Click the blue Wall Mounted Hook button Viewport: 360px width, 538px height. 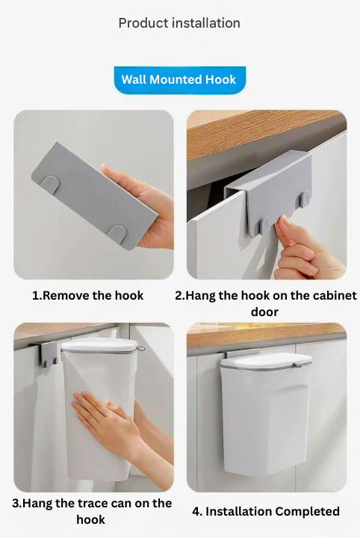tap(180, 80)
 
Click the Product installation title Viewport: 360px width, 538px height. tap(179, 23)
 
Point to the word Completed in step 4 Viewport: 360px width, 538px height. tap(307, 511)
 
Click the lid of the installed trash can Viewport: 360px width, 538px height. tap(266, 361)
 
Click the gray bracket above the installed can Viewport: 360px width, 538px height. tap(243, 353)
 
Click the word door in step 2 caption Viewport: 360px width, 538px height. tap(264, 312)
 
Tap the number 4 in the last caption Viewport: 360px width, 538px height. tap(196, 512)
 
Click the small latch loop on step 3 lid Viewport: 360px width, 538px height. tap(140, 349)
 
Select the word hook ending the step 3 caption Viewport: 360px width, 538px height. tap(90, 519)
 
